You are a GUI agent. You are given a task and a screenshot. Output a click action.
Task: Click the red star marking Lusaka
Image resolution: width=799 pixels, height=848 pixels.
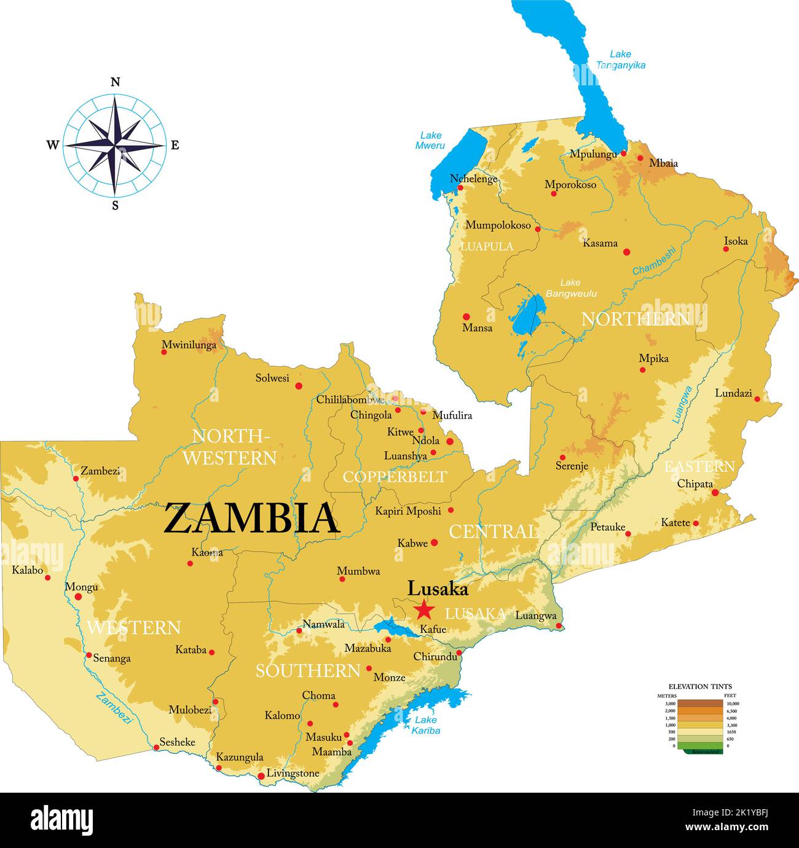click(x=423, y=610)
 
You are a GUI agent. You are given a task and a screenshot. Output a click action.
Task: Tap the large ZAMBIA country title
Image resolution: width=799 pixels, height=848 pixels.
click(x=251, y=518)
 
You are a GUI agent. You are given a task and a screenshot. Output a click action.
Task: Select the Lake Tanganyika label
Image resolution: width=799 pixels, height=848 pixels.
click(x=620, y=60)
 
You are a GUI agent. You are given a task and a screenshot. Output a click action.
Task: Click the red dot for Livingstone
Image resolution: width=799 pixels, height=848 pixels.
click(x=261, y=776)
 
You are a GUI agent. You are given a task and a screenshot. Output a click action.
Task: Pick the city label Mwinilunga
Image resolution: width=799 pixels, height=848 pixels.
click(x=189, y=345)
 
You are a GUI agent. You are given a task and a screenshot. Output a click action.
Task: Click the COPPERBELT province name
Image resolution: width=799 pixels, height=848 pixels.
click(x=395, y=477)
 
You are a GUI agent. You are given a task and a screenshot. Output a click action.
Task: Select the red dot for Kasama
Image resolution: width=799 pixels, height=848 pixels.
click(x=627, y=251)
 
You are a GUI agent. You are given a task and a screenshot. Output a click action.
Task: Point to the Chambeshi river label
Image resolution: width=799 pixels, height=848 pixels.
click(x=654, y=261)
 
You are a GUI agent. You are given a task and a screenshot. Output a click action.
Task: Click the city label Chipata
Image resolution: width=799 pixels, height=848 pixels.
click(x=695, y=484)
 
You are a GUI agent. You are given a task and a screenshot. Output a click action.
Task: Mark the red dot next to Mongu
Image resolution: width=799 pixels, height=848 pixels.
click(x=78, y=597)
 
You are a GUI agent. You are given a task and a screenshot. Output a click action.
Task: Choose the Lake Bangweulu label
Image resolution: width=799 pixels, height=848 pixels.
click(x=570, y=288)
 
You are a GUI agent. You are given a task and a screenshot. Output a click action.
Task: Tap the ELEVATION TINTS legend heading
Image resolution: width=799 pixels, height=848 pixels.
click(x=700, y=686)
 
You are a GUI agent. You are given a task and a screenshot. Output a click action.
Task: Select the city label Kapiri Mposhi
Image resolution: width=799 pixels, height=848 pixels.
click(x=408, y=511)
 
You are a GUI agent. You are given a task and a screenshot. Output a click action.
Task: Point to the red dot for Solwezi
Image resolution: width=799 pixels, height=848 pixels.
click(x=299, y=386)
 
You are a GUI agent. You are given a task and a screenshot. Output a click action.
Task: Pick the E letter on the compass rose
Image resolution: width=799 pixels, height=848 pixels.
click(x=175, y=146)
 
